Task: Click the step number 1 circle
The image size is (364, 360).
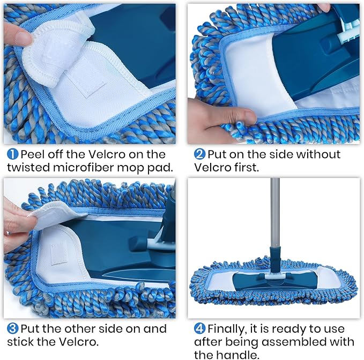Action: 12,155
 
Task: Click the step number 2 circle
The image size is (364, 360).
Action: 199,155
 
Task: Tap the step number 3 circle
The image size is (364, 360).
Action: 12,328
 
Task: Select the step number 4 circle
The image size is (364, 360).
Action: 199,328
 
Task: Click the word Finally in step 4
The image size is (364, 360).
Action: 229,328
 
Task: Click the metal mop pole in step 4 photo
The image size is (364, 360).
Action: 275,214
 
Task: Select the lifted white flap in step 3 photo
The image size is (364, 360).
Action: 54,214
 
